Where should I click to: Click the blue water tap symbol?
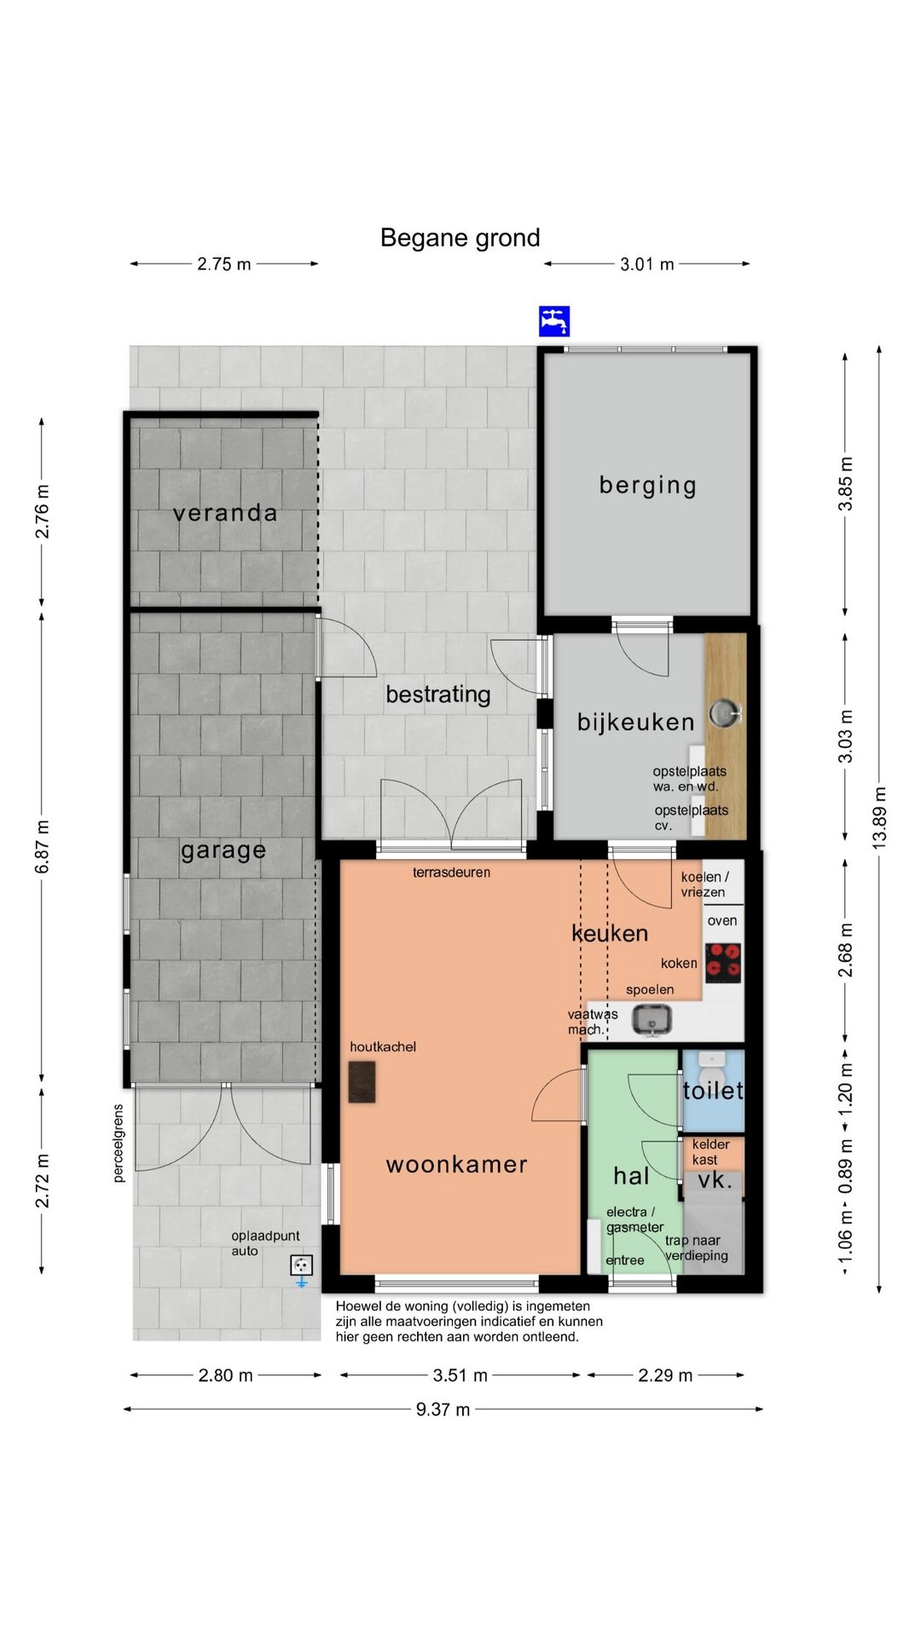pos(554,321)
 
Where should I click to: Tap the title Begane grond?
pos(460,238)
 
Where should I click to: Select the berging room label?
pos(648,486)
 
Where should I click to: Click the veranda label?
pos(225,513)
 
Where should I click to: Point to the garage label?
pos(223,850)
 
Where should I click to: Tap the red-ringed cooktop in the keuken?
pos(722,963)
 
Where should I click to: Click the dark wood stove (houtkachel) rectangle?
pos(362,1082)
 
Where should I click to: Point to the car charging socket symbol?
pos(301,1266)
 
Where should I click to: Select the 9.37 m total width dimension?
pos(443,1409)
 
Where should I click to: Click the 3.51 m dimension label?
pos(460,1375)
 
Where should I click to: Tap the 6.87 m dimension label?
pos(42,847)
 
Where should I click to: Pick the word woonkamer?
pos(457,1165)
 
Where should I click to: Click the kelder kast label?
pos(710,1152)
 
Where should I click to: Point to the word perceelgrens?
pos(119,1143)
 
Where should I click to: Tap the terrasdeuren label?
pos(451,873)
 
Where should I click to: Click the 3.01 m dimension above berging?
pos(647,264)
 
